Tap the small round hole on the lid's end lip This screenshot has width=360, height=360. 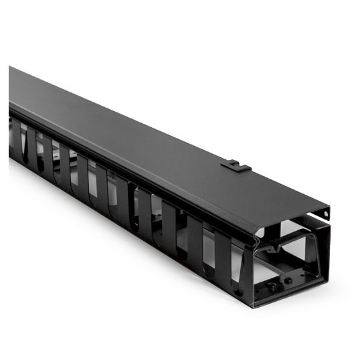327,213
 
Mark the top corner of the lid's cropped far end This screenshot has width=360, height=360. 10,67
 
